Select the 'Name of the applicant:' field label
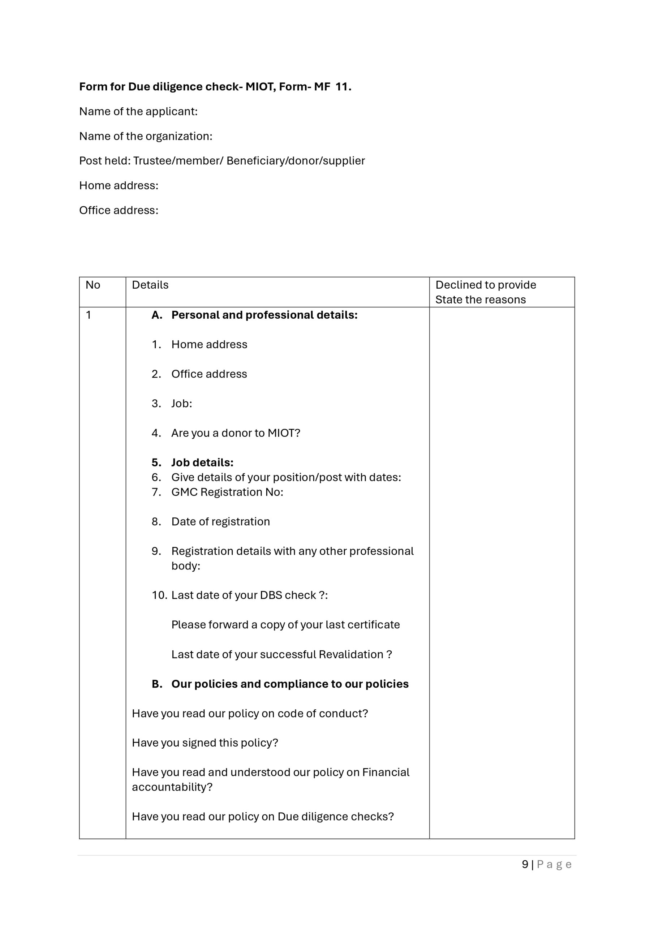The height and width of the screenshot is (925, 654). (138, 111)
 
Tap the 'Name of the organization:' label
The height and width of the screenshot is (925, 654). (146, 136)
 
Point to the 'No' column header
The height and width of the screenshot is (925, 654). (93, 285)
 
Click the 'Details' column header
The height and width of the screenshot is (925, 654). (150, 285)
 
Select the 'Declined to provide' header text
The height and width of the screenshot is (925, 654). (486, 285)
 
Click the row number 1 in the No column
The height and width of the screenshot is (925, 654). (88, 315)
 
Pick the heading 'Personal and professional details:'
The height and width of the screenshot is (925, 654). (264, 315)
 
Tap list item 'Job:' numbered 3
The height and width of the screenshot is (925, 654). (182, 403)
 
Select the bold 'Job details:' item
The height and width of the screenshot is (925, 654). (202, 462)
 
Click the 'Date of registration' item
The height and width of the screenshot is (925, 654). (220, 521)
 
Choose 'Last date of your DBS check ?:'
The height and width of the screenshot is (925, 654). (249, 595)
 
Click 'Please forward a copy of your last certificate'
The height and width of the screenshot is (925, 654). (285, 624)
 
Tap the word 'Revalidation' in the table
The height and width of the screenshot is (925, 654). (350, 654)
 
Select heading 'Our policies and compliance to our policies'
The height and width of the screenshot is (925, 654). (290, 684)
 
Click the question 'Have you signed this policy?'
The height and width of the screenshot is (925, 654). (205, 743)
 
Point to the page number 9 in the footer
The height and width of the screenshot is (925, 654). (525, 864)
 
